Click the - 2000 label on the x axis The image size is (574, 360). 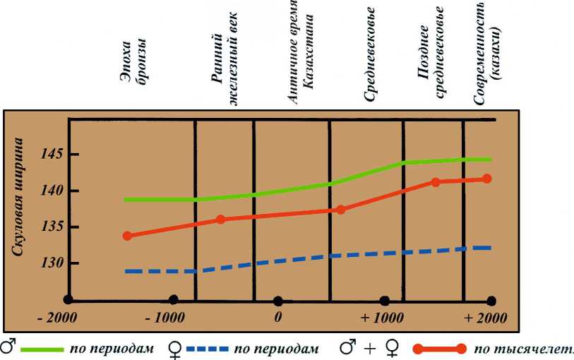pyautogui.click(x=57, y=317)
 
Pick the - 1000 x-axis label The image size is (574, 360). pyautogui.click(x=164, y=317)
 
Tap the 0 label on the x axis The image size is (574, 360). pyautogui.click(x=278, y=317)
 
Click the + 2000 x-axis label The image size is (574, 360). pyautogui.click(x=486, y=317)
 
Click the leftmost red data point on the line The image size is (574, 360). pyautogui.click(x=128, y=236)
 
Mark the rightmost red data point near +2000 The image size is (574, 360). pyautogui.click(x=486, y=179)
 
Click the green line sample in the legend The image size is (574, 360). pyautogui.click(x=42, y=349)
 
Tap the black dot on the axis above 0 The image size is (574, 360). pyautogui.click(x=278, y=300)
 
